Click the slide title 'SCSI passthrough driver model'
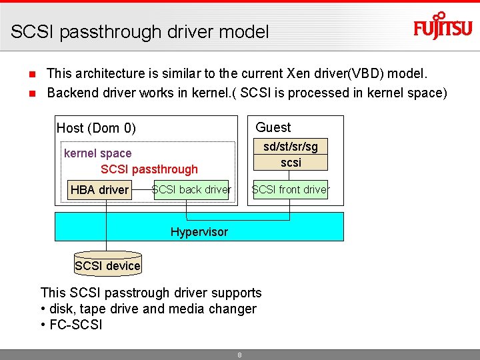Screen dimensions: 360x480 point(140,31)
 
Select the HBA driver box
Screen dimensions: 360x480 point(99,190)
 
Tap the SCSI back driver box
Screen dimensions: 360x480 point(191,190)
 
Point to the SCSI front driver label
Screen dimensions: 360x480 point(290,190)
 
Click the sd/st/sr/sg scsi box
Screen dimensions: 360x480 point(291,154)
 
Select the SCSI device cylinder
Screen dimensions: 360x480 point(107,265)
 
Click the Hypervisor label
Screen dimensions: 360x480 point(199,232)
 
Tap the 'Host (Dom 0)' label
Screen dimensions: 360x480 point(96,128)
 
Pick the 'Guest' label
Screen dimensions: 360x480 point(273,127)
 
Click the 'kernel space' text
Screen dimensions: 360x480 point(97,153)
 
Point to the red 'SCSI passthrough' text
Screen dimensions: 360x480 point(149,169)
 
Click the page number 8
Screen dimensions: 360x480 point(239,355)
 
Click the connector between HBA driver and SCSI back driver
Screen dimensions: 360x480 point(142,189)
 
